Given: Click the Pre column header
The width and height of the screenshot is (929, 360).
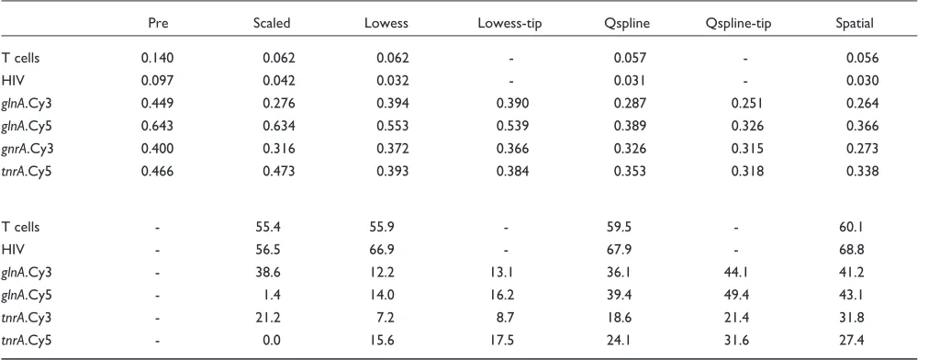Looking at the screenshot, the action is click(x=156, y=24).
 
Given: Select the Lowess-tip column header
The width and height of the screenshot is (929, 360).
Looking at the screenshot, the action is click(x=509, y=24).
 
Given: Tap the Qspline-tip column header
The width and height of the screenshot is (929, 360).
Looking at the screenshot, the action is click(x=739, y=24).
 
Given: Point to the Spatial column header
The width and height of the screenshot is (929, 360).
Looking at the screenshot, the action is click(x=855, y=24).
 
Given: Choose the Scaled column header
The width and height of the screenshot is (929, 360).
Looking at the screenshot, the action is click(x=272, y=24).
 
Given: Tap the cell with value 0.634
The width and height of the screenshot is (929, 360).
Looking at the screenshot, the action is click(x=278, y=126).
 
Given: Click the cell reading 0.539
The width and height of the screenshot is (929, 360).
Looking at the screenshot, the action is click(x=512, y=126).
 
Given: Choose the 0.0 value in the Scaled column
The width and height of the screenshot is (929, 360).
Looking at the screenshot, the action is click(x=272, y=341).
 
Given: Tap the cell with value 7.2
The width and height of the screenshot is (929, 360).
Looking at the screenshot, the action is click(x=386, y=318).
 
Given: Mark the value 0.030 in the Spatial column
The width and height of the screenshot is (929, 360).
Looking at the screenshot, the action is click(x=862, y=81).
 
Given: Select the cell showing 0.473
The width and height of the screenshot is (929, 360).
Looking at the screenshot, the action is click(x=278, y=172).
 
